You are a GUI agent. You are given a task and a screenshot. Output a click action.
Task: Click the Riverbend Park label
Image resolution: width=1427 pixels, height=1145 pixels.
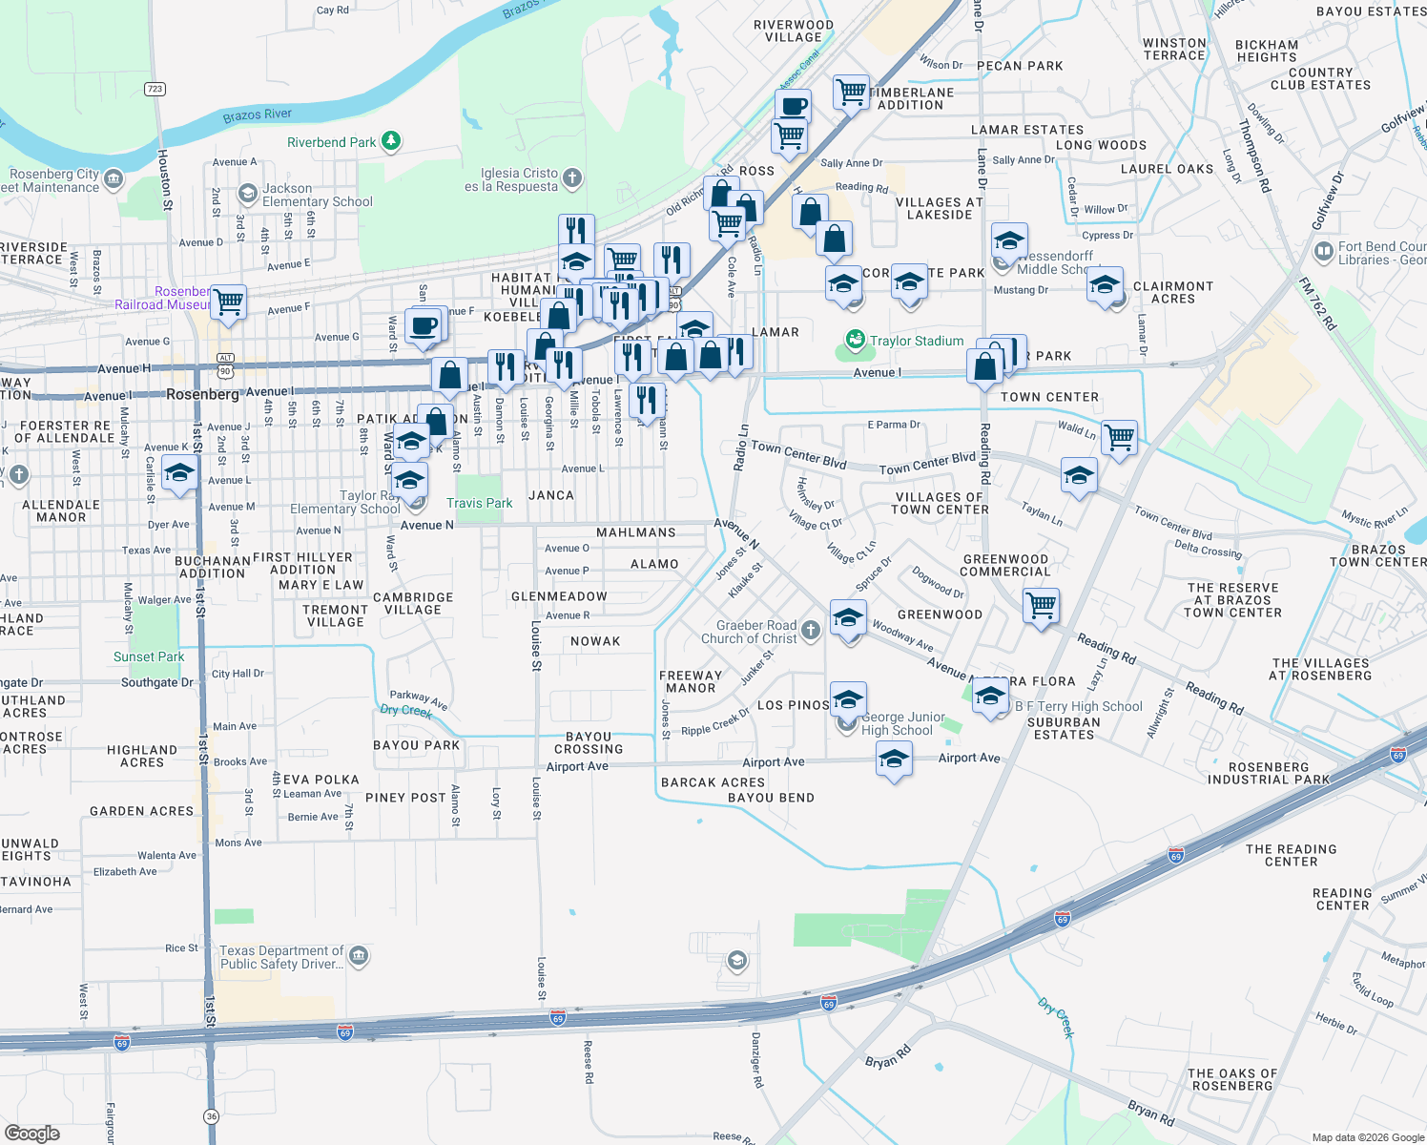[x=331, y=142]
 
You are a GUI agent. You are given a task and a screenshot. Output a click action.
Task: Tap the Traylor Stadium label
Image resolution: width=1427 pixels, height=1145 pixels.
[x=916, y=341]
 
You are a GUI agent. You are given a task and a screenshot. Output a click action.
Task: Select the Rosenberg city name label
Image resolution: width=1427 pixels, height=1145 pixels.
[x=202, y=394]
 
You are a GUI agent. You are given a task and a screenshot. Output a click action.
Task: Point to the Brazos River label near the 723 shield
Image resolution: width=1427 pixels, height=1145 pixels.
[x=257, y=115]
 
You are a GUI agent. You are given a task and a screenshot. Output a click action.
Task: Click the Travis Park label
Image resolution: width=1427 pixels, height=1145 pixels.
[x=479, y=503]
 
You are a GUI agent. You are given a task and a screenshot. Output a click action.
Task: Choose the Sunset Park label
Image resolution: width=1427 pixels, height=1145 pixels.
[x=149, y=656]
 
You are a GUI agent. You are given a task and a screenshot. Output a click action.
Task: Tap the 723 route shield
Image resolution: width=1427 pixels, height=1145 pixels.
[x=155, y=89]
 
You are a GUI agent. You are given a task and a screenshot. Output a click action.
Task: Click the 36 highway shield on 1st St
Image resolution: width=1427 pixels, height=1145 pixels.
[x=211, y=1116]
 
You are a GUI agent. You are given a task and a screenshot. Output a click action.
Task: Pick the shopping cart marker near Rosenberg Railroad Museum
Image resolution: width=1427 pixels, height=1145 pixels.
[x=229, y=302]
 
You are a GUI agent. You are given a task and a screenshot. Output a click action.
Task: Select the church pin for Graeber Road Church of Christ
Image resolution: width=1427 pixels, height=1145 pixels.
[x=810, y=630]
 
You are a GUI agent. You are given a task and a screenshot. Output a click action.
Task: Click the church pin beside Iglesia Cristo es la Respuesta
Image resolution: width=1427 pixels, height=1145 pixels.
[x=572, y=177]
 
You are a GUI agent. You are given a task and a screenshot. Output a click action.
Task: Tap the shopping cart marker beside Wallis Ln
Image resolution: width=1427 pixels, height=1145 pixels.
[x=1120, y=438]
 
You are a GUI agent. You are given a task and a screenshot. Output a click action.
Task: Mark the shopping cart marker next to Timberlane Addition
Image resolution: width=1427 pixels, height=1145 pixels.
[x=851, y=93]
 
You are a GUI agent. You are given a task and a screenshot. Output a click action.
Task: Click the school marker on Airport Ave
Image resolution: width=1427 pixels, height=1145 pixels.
[x=894, y=759]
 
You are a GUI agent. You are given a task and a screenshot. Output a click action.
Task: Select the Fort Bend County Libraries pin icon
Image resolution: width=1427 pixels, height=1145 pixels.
[x=1323, y=252]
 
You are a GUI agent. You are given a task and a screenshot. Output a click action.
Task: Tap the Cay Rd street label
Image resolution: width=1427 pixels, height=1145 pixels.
[x=332, y=10]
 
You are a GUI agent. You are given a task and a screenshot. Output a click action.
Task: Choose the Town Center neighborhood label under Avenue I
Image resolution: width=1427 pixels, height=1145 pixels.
[x=1049, y=397]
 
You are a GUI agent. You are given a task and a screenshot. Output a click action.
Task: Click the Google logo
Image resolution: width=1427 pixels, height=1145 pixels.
[x=32, y=1134]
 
